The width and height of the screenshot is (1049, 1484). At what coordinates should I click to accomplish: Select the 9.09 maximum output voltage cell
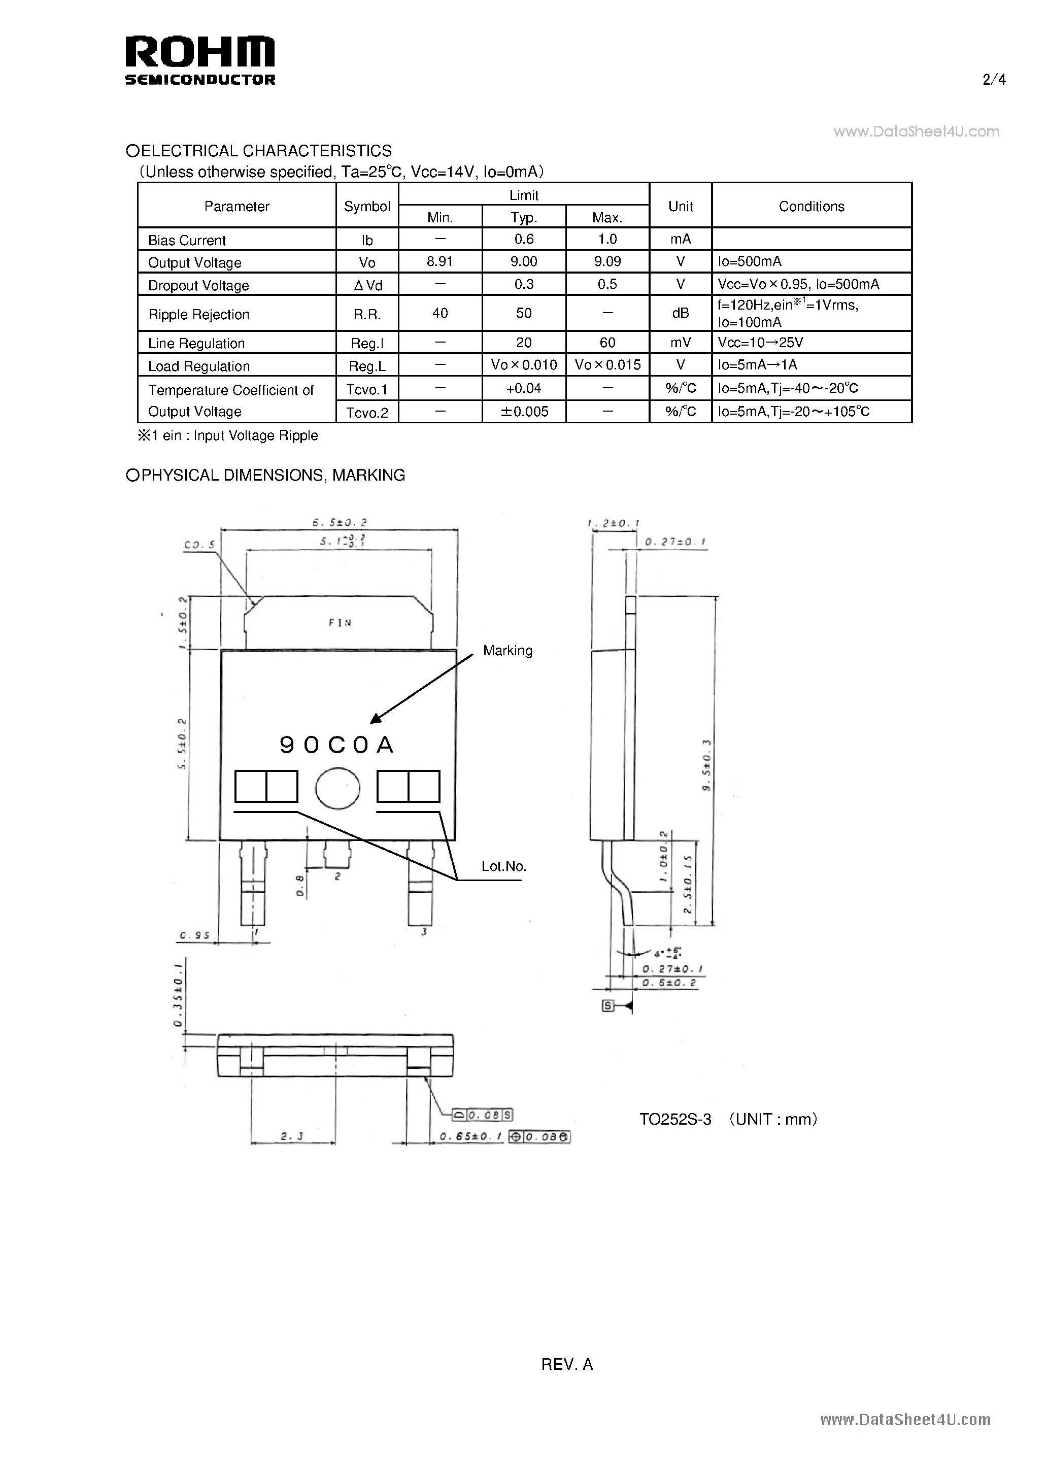[607, 261]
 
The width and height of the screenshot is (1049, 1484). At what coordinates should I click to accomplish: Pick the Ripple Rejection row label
[198, 314]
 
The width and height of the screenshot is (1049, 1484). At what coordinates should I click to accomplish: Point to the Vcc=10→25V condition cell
[760, 342]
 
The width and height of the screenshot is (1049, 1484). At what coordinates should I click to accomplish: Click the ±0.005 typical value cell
[524, 412]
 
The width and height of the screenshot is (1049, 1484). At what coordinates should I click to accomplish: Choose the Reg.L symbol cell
[366, 366]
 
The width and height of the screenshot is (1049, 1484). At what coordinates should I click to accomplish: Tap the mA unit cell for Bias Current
[680, 239]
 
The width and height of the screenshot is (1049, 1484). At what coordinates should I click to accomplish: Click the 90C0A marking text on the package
[337, 745]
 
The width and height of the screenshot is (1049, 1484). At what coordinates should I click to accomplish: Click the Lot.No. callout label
[503, 866]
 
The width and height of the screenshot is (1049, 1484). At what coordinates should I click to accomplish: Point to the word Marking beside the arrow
[507, 650]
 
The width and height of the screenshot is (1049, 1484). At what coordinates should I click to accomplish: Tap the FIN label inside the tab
[340, 622]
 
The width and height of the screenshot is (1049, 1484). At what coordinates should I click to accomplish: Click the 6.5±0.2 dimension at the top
[340, 522]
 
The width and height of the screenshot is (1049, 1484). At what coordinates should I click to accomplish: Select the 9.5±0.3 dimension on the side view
[706, 766]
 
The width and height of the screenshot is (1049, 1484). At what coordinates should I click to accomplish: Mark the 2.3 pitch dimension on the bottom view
[292, 1136]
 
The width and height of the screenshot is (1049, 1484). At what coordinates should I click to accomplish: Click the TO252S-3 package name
[675, 1119]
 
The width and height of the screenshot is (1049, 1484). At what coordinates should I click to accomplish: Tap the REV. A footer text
[566, 1364]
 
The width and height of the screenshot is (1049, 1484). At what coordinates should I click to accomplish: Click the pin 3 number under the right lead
[424, 932]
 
